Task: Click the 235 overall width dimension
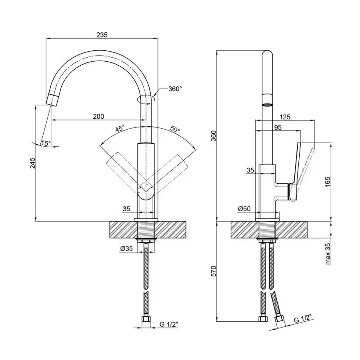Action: pyautogui.click(x=102, y=35)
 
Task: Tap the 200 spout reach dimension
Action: pyautogui.click(x=98, y=116)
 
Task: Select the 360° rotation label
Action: pyautogui.click(x=175, y=89)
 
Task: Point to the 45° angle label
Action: pyautogui.click(x=120, y=128)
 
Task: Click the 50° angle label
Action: pyautogui.click(x=175, y=129)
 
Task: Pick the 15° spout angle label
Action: pyautogui.click(x=46, y=144)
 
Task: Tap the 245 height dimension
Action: pyautogui.click(x=33, y=163)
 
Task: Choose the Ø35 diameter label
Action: pyautogui.click(x=126, y=248)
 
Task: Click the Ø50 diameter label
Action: pyautogui.click(x=244, y=209)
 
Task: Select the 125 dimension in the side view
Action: pyautogui.click(x=285, y=117)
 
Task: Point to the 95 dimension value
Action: pyautogui.click(x=278, y=127)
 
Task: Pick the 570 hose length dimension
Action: pyautogui.click(x=213, y=271)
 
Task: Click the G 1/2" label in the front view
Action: pyautogui.click(x=169, y=324)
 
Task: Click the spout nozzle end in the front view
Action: pyautogui.click(x=52, y=100)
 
